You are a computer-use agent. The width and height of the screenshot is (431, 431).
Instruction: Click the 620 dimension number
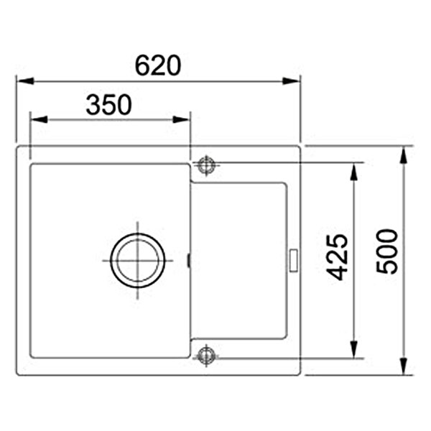(x=158, y=65)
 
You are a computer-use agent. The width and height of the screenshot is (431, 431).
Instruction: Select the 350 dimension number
(x=109, y=104)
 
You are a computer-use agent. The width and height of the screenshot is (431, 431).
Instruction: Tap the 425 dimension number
(x=337, y=258)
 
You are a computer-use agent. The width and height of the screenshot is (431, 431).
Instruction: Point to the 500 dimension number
(x=386, y=252)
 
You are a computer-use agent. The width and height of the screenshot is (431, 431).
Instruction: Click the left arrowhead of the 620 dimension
(x=25, y=81)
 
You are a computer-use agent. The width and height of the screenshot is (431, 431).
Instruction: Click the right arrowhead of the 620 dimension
(x=291, y=81)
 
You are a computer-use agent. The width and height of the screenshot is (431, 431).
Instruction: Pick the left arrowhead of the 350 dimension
(x=39, y=119)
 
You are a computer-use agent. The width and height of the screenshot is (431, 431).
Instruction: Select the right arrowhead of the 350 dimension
(x=181, y=119)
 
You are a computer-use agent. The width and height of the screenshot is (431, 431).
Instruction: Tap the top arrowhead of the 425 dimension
(x=353, y=172)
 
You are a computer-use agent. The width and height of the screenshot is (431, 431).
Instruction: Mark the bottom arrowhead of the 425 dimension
(x=353, y=349)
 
